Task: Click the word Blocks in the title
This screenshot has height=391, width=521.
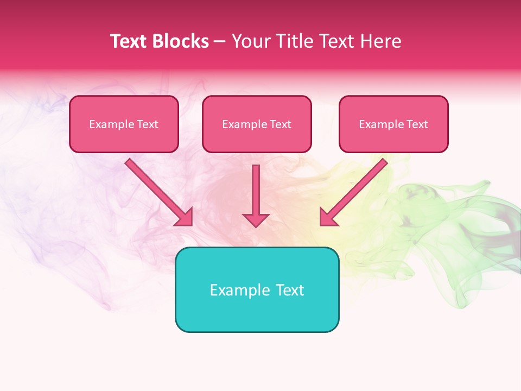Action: (x=181, y=41)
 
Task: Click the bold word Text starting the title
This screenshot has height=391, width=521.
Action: (x=130, y=41)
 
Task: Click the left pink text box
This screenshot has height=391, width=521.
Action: (x=124, y=124)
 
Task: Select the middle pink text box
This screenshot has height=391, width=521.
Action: (x=257, y=124)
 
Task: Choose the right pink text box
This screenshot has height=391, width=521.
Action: (x=393, y=124)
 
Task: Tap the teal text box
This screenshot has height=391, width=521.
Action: (x=257, y=289)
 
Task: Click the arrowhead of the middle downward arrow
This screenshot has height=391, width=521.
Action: (x=256, y=219)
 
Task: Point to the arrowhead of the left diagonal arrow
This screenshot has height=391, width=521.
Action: (x=185, y=218)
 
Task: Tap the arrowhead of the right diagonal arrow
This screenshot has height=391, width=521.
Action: (x=327, y=218)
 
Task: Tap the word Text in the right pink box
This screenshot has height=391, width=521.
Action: (x=417, y=124)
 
